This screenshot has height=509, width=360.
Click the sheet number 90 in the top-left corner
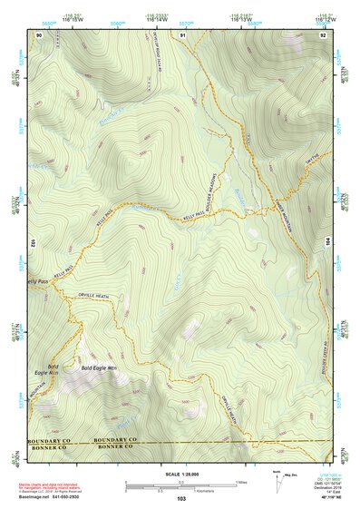pyautogui.click(x=39, y=34)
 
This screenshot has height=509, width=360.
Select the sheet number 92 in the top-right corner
pyautogui.click(x=323, y=34)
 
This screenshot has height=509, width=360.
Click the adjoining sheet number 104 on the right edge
pyautogui.click(x=327, y=243)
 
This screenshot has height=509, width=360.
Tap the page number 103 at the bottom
pyautogui.click(x=181, y=499)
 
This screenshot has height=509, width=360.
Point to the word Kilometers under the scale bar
pyautogui.click(x=182, y=489)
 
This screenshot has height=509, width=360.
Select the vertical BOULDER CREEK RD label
pyautogui.click(x=324, y=363)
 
